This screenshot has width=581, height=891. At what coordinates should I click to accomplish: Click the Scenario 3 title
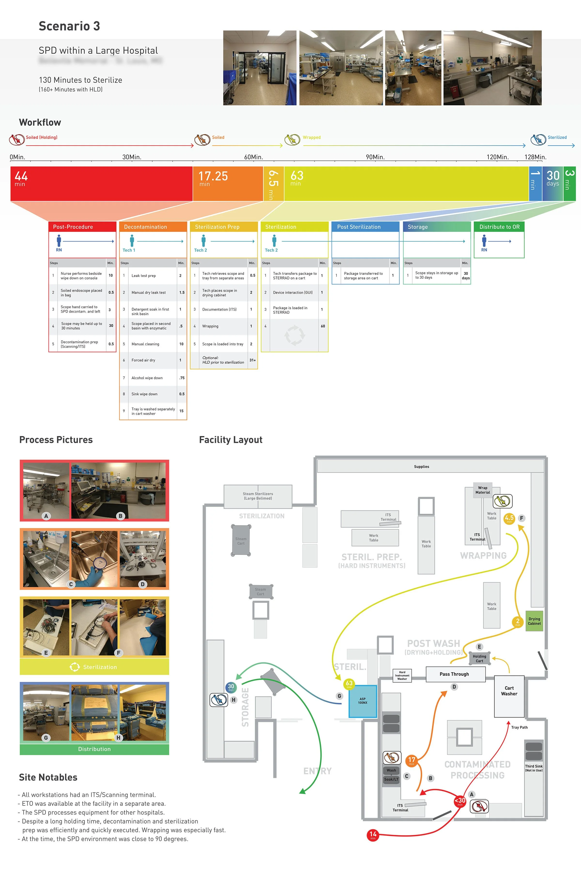click(x=69, y=26)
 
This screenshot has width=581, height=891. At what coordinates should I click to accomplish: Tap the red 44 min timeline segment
click(x=101, y=184)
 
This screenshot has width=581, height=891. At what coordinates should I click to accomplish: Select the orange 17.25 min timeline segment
click(x=228, y=184)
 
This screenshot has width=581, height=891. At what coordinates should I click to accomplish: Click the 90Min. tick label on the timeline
click(x=375, y=157)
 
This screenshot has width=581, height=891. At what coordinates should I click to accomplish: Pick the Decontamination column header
click(x=153, y=227)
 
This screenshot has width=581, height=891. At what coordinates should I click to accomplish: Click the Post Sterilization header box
click(x=365, y=227)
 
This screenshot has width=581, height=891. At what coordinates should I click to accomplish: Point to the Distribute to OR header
click(x=499, y=227)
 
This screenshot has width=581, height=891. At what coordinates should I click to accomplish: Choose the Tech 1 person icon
click(x=132, y=241)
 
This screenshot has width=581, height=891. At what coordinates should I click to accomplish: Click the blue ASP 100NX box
click(x=362, y=701)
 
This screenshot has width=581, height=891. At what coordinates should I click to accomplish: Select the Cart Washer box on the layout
click(x=509, y=696)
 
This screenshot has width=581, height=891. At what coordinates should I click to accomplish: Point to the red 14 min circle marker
click(x=373, y=835)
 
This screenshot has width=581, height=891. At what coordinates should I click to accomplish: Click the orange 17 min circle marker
click(x=411, y=760)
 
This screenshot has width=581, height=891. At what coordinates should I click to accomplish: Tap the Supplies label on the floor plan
click(x=421, y=467)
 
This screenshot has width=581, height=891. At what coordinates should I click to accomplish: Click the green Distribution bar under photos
click(x=94, y=749)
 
